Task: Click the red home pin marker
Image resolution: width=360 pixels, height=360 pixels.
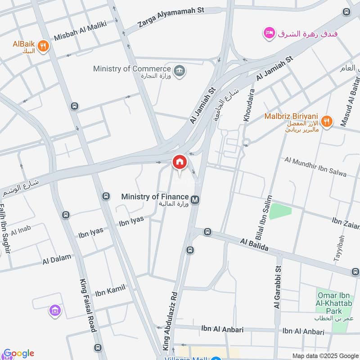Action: [x=179, y=162]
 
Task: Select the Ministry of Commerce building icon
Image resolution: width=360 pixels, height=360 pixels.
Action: [x=180, y=71]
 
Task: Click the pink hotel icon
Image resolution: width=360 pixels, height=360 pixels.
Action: [x=269, y=33]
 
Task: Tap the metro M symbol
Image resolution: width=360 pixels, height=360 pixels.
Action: [x=195, y=199]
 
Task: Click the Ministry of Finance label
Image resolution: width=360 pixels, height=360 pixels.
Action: [x=155, y=197]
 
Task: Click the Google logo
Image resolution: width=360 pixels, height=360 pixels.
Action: [x=18, y=354]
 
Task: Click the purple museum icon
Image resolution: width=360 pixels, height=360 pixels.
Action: [x=55, y=310]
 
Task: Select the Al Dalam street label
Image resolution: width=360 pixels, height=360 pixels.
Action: [x=57, y=259]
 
